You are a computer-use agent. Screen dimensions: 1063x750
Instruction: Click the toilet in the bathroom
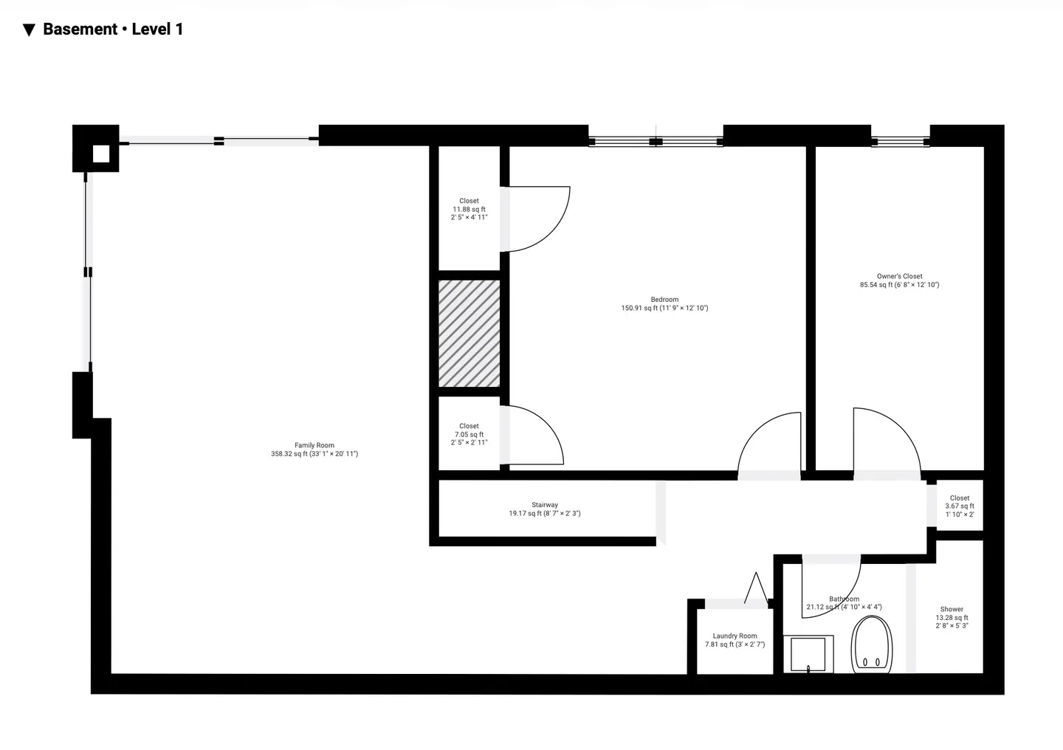pyautogui.click(x=872, y=644)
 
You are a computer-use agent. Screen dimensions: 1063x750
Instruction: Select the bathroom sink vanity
pyautogui.click(x=808, y=653)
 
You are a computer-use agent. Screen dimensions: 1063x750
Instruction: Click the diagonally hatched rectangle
pyautogui.click(x=469, y=333)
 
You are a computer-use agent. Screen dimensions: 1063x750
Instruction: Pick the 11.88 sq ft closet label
pyautogui.click(x=469, y=209)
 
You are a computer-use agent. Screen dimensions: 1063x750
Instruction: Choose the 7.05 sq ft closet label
pyautogui.click(x=469, y=434)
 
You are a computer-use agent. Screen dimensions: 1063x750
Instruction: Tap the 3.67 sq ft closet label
pyautogui.click(x=960, y=506)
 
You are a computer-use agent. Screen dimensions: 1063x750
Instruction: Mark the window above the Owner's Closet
pyautogui.click(x=901, y=142)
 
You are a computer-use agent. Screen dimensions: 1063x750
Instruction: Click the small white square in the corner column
pyautogui.click(x=100, y=154)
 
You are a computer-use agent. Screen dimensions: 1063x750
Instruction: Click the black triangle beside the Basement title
pyautogui.click(x=29, y=30)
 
